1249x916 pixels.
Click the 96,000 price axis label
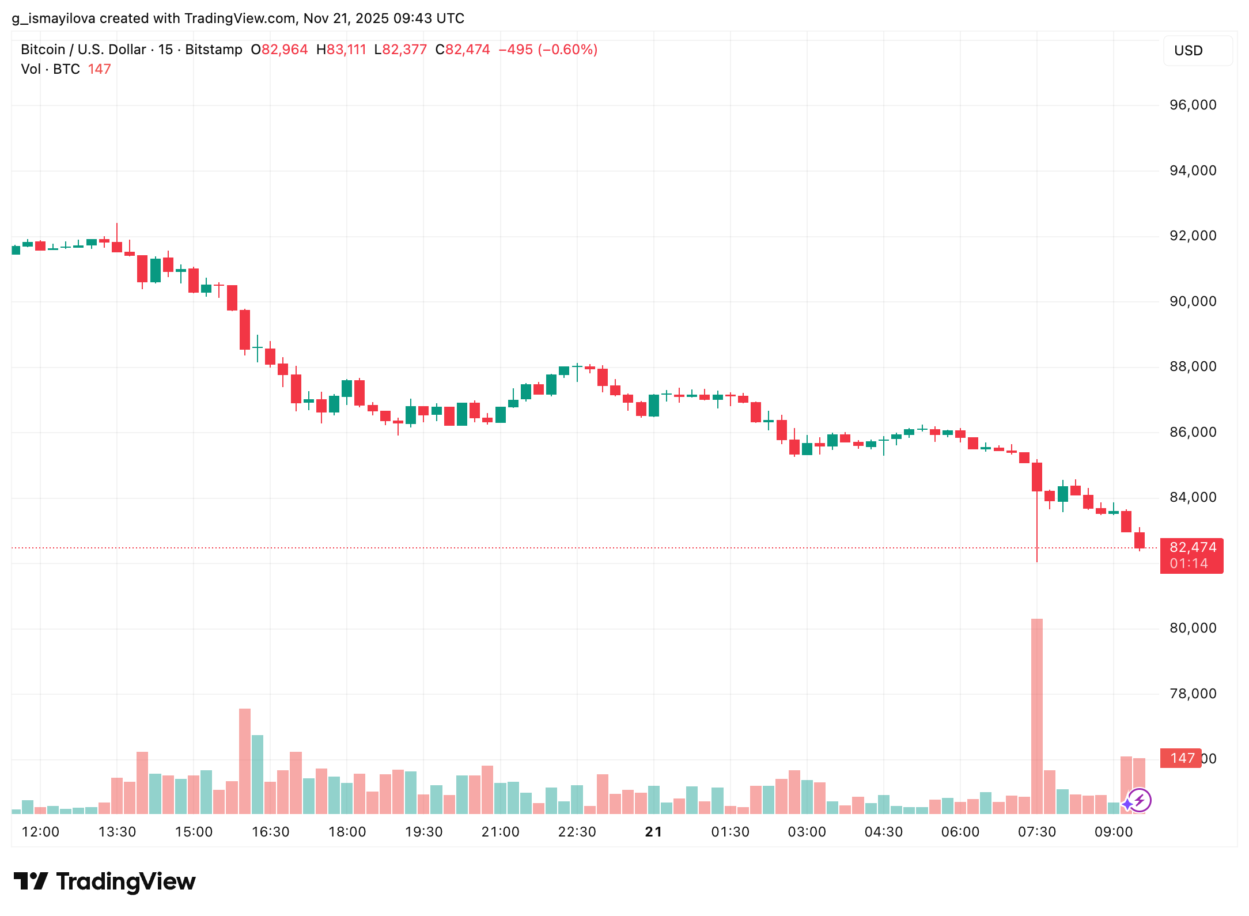tap(1193, 105)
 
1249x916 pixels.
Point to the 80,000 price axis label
tap(1193, 628)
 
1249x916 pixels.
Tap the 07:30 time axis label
tap(1036, 832)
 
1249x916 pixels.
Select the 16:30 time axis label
tap(270, 832)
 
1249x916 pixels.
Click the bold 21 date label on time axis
tap(653, 832)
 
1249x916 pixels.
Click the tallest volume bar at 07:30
tap(1036, 714)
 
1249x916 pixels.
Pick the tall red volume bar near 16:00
tap(245, 760)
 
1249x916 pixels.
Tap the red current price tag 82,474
tap(1191, 555)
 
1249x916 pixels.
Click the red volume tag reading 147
tap(1181, 758)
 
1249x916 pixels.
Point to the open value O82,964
tap(279, 50)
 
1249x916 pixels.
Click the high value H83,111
tap(341, 50)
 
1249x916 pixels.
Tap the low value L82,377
tap(400, 50)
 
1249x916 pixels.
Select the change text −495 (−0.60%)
tap(547, 50)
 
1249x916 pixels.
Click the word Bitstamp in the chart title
tap(214, 50)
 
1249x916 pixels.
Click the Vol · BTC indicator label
tap(50, 69)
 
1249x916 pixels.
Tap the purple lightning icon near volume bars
tap(1139, 800)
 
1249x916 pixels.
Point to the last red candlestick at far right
tap(1139, 540)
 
